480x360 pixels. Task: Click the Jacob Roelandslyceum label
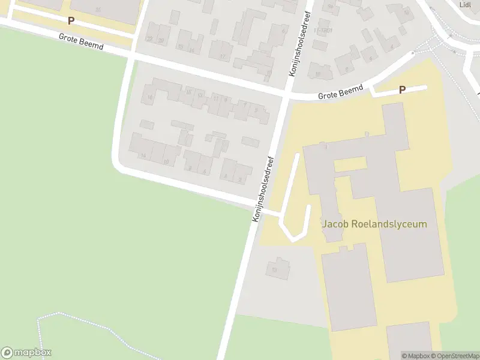(x=374, y=224)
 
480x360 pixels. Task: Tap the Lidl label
(x=464, y=5)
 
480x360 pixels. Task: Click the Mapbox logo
(x=26, y=353)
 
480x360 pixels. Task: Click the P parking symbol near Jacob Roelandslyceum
(x=402, y=90)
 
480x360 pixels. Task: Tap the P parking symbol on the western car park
(x=71, y=21)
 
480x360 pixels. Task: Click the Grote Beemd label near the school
(x=341, y=92)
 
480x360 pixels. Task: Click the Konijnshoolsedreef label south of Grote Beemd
(x=264, y=189)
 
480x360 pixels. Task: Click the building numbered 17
(x=223, y=57)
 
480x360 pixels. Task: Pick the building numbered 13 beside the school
(x=275, y=270)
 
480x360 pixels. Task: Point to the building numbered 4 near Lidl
(x=392, y=46)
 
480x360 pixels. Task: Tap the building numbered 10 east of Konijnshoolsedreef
(x=317, y=74)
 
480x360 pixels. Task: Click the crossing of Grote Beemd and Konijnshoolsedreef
(x=286, y=95)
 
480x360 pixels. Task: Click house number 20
(x=161, y=40)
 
